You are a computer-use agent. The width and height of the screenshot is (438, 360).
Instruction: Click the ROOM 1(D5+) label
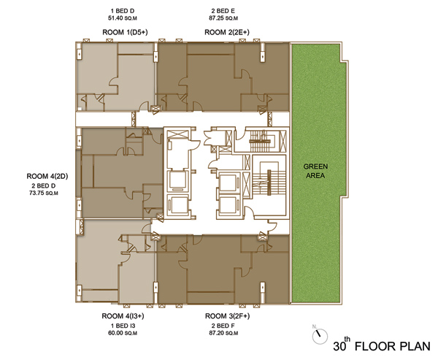click(125, 32)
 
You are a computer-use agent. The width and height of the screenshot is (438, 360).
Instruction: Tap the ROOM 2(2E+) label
click(227, 32)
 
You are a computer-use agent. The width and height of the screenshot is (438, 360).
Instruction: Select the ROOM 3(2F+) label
click(227, 316)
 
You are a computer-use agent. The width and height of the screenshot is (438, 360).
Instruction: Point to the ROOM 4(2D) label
click(47, 177)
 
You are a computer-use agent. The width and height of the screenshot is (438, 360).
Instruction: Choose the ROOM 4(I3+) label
click(123, 316)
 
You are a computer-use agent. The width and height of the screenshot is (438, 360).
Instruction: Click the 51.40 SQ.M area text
click(123, 18)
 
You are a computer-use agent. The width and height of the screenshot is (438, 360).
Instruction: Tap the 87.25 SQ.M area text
click(223, 18)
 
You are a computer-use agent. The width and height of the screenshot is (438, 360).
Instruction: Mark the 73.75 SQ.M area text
click(44, 193)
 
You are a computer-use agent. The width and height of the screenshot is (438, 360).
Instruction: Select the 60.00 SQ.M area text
click(123, 333)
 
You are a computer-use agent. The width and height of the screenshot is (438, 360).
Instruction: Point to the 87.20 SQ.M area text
click(223, 333)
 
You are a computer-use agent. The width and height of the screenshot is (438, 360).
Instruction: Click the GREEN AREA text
click(315, 171)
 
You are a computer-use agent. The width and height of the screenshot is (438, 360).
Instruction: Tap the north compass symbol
click(320, 336)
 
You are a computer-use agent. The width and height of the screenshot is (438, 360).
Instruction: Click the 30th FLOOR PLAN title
click(382, 345)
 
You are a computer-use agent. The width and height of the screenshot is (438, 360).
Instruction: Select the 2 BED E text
click(223, 11)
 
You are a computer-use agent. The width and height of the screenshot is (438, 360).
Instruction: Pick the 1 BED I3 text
click(123, 326)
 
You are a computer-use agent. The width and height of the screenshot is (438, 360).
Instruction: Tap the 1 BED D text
click(123, 11)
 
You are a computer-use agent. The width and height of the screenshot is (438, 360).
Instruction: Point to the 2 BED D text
click(44, 186)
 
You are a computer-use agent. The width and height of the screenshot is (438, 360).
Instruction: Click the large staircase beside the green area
click(269, 183)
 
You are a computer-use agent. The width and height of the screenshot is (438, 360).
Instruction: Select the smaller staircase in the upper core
click(261, 141)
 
